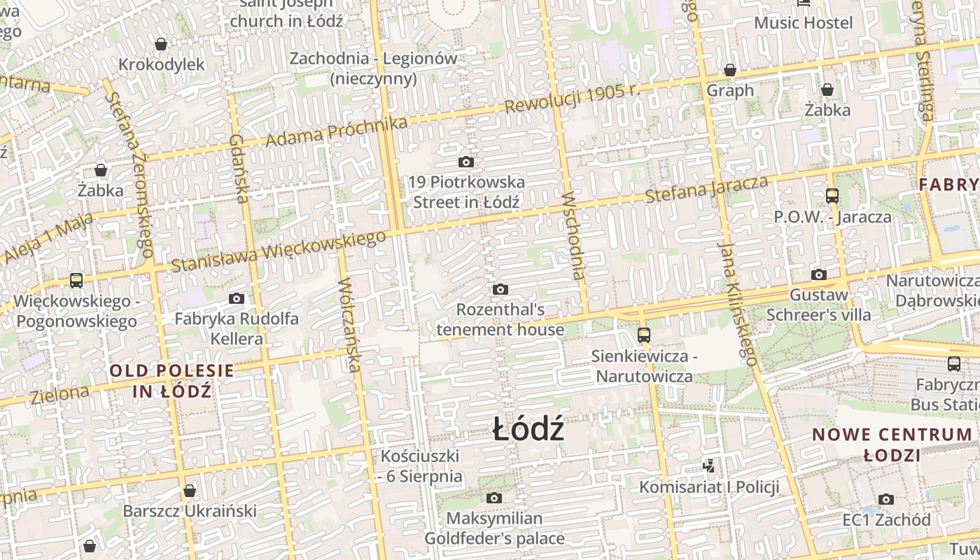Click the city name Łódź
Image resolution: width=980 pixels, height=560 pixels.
click(528, 428)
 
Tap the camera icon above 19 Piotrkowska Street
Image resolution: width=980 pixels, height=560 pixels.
click(466, 162)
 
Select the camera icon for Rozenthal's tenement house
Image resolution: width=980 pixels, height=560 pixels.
click(500, 289)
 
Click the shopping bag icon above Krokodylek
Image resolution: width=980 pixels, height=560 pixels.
click(161, 45)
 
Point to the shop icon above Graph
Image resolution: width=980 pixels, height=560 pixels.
click(730, 71)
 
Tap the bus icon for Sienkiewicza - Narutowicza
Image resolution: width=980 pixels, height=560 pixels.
click(644, 335)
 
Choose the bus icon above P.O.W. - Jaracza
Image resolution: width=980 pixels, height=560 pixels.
click(832, 196)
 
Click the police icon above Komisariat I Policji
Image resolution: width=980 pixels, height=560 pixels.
click(709, 465)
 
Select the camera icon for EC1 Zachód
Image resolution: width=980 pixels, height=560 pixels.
click(886, 499)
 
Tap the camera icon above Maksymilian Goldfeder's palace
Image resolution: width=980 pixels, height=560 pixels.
click(494, 498)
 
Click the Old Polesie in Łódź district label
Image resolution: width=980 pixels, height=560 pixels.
click(171, 380)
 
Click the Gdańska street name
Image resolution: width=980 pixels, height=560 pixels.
click(239, 168)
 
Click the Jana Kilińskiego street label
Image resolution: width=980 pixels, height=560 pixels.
click(737, 304)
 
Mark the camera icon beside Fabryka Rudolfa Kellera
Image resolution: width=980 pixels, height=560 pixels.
click(237, 299)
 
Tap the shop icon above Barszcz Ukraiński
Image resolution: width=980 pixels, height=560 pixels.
click(189, 491)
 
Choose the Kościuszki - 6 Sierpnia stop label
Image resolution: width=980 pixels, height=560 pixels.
click(421, 466)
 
